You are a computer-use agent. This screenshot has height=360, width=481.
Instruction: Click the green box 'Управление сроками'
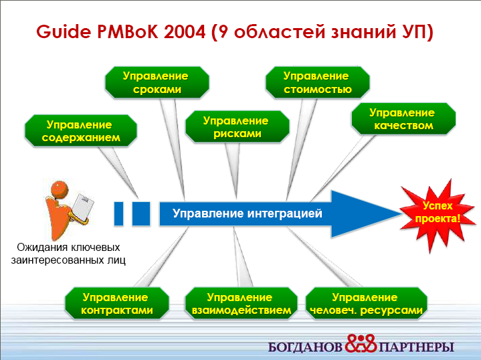[157, 82]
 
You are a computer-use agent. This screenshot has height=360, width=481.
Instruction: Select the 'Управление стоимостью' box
[318, 82]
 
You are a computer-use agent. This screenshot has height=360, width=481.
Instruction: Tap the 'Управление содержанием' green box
[81, 130]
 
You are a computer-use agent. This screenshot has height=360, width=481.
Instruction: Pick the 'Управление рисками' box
[237, 126]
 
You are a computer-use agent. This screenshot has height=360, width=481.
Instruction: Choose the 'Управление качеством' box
[403, 118]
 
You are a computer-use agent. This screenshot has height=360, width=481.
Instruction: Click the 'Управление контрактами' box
[117, 303]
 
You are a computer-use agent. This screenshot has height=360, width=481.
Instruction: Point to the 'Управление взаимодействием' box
[241, 303]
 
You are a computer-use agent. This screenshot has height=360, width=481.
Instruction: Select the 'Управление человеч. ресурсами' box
[367, 303]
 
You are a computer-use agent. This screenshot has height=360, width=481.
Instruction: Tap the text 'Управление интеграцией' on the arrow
[248, 213]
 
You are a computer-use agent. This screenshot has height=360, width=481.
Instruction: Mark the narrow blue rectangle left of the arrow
[118, 213]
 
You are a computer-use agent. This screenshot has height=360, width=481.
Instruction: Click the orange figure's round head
[60, 189]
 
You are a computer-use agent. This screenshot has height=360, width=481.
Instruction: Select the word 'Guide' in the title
[64, 32]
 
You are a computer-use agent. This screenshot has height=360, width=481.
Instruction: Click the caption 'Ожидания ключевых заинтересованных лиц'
[68, 254]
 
